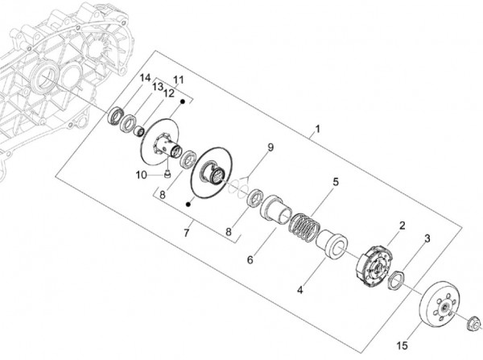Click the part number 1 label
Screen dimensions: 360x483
click(319, 129)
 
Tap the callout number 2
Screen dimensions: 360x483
click(402, 227)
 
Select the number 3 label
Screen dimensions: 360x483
click(427, 238)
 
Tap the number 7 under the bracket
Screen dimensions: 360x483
click(186, 234)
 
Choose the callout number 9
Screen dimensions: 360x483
click(270, 147)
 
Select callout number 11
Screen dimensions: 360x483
click(178, 79)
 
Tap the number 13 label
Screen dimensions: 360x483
click(159, 86)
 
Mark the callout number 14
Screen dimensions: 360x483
click(145, 78)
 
